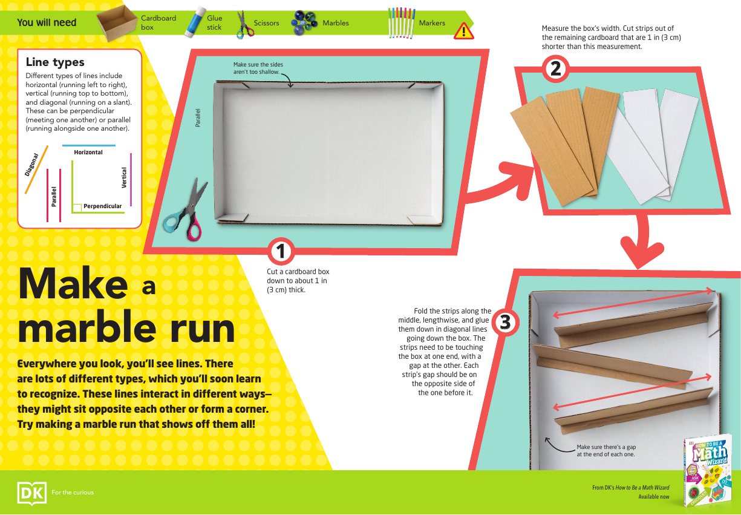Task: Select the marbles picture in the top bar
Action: pos(305,23)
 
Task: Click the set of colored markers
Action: pos(401,23)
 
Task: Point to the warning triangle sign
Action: pos(463,30)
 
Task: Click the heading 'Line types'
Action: pos(55,62)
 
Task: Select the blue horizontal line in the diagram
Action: pos(88,146)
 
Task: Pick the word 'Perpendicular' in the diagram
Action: pos(102,206)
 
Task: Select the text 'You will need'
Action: pos(47,23)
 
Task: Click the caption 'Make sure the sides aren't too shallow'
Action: pos(258,68)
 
